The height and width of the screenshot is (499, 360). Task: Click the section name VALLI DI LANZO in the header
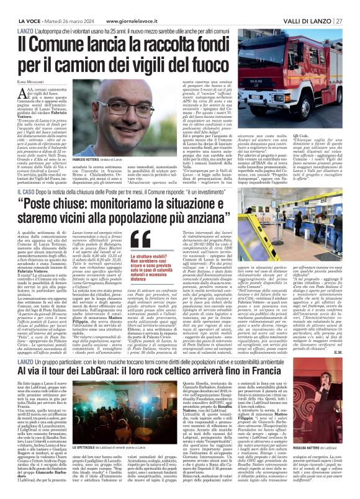pyautogui.click(x=314, y=6)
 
